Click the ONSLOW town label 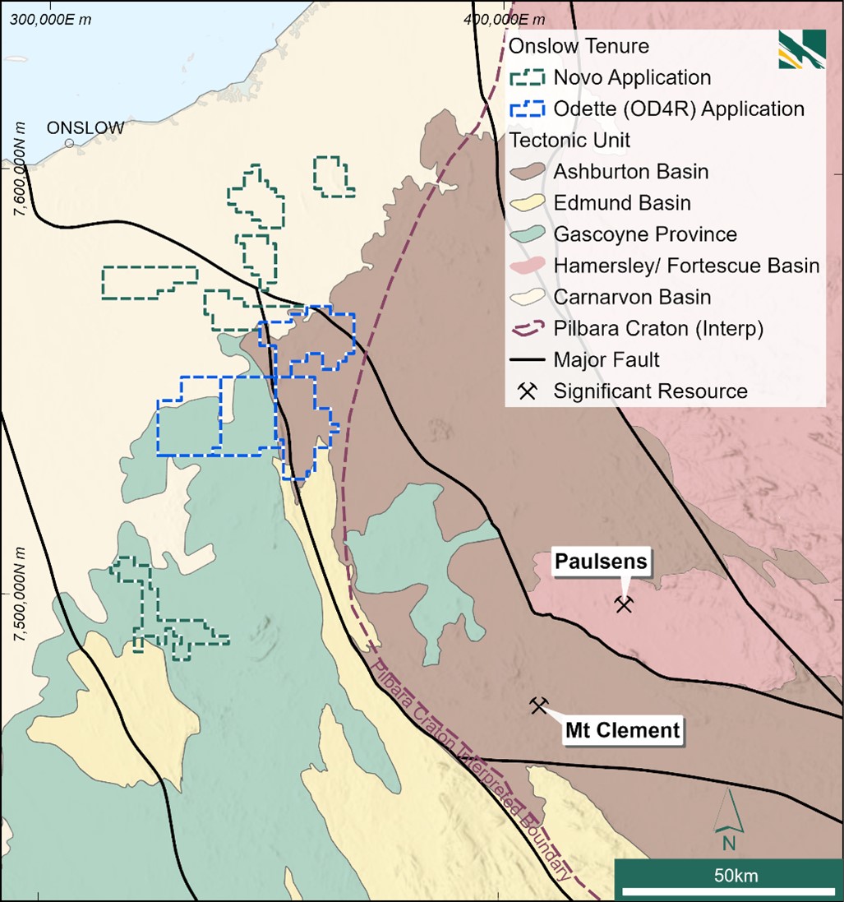[85, 127]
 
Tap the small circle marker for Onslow [70, 143]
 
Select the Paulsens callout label [601, 562]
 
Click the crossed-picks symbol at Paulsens [624, 605]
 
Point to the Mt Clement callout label [622, 729]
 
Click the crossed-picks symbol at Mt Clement [538, 705]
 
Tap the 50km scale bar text [726, 876]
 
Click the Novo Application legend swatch [528, 77]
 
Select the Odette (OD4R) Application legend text [678, 109]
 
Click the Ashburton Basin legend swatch [528, 172]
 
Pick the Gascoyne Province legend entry [644, 234]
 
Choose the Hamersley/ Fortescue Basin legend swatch [528, 266]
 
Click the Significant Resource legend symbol [528, 391]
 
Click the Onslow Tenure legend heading [579, 46]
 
